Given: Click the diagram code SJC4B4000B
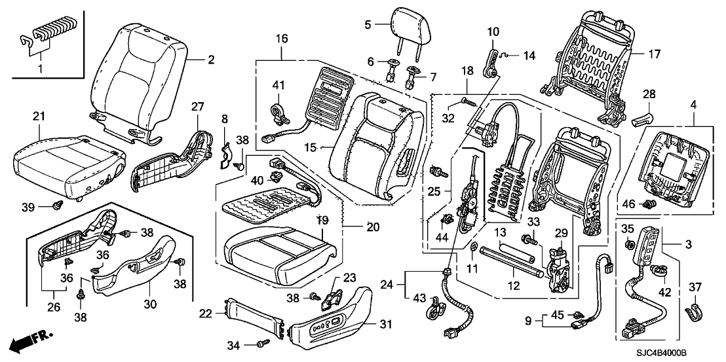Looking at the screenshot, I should pyautogui.click(x=663, y=353).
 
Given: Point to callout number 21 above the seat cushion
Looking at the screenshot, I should pyautogui.click(x=39, y=116).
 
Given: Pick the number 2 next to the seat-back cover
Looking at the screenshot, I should pyautogui.click(x=211, y=60).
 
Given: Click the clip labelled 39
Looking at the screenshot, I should pyautogui.click(x=56, y=208).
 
